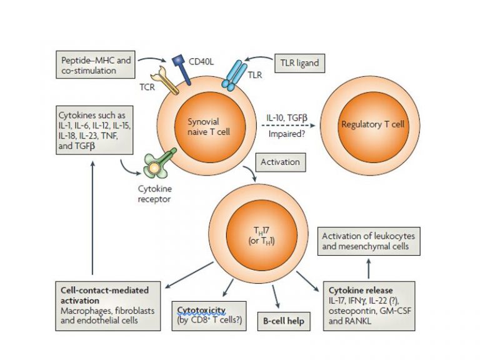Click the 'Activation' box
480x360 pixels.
[277, 162]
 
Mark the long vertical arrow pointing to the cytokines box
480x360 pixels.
[92, 219]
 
